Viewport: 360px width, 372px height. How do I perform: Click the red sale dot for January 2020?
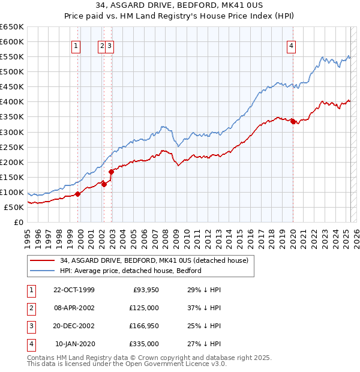click(x=293, y=121)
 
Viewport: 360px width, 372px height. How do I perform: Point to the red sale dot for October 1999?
click(x=78, y=194)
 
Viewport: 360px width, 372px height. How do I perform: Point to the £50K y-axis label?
click(x=14, y=207)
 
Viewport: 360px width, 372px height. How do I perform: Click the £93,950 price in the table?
click(x=144, y=290)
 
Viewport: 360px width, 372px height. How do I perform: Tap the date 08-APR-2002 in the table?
click(x=74, y=308)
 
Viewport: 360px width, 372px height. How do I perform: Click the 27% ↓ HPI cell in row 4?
click(x=205, y=344)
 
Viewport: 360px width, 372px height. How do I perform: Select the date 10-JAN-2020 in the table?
click(x=74, y=344)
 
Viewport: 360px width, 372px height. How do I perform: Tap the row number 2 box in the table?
click(x=30, y=308)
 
